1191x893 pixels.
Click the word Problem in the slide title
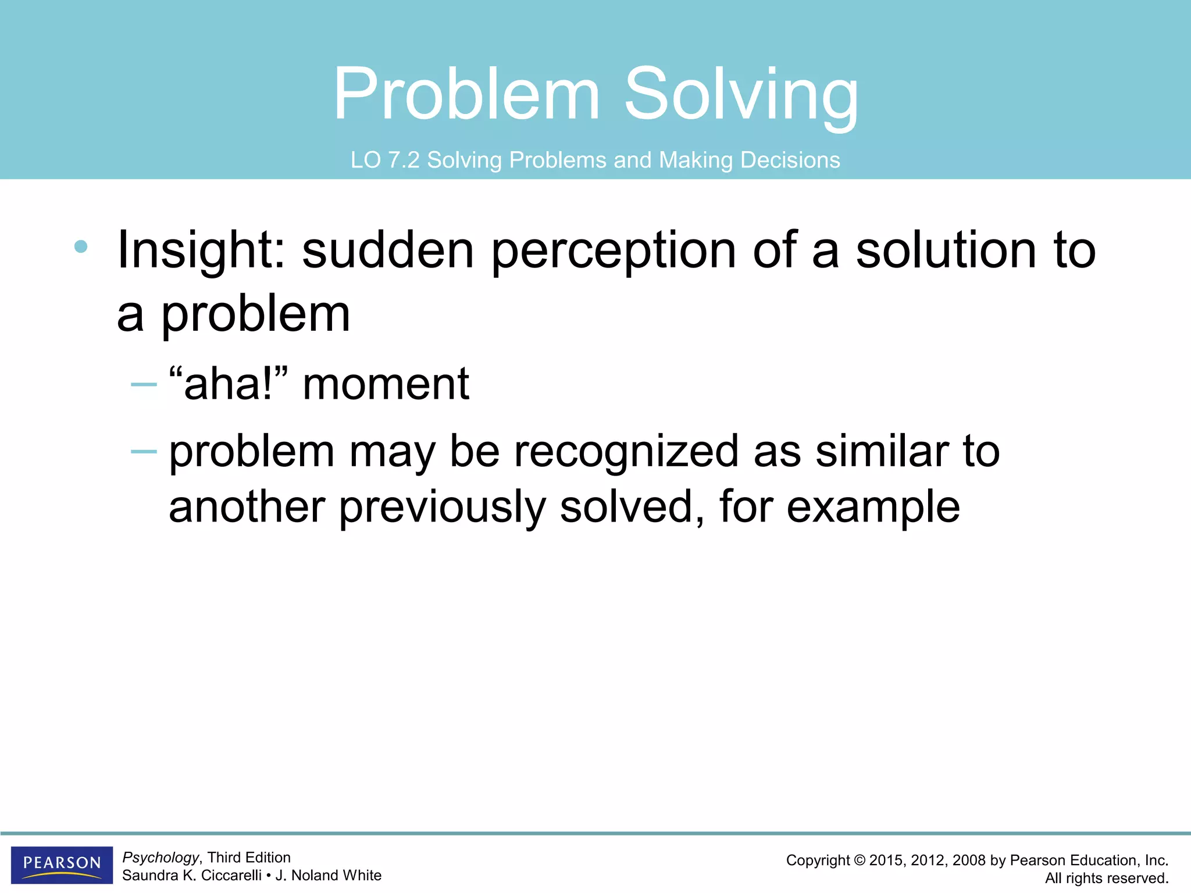466,94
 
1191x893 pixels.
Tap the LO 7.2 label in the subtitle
384,160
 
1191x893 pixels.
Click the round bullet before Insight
81,247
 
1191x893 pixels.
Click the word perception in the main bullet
614,251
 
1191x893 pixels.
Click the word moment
386,385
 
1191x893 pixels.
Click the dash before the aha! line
144,384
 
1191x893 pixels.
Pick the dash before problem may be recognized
144,451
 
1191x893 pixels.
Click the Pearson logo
62,865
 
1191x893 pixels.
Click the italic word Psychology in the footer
161,858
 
